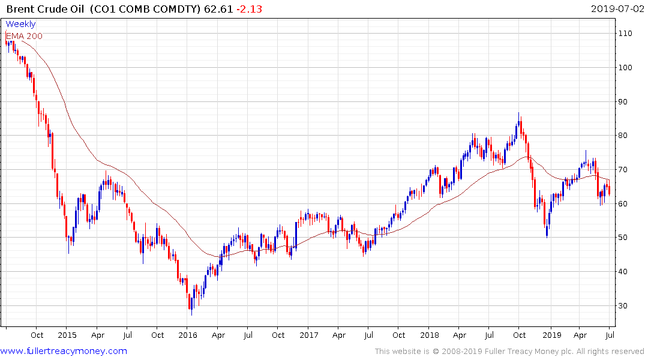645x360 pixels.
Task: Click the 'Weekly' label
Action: point(20,24)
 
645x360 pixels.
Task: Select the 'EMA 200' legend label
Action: point(24,36)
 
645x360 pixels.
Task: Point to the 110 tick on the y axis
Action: point(626,34)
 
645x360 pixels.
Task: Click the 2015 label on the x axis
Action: point(67,335)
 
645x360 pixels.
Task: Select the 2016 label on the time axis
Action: point(188,335)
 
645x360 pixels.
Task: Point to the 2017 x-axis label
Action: point(308,335)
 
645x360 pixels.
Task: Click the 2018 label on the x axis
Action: point(430,335)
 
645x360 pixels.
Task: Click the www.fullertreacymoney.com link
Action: point(64,351)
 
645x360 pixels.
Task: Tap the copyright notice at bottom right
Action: point(510,351)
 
